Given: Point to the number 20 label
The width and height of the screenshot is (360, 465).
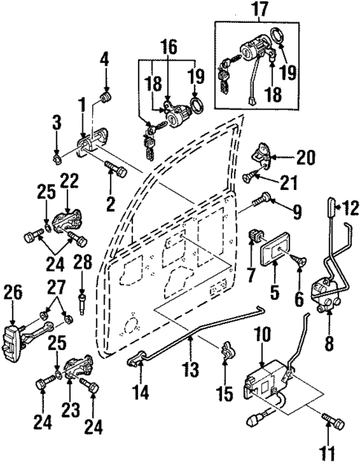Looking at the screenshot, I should coord(305,157).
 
